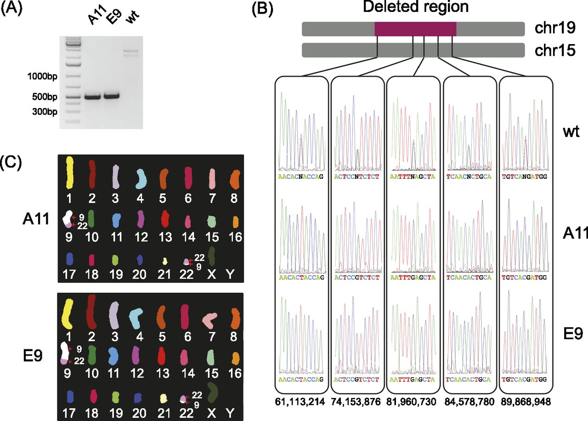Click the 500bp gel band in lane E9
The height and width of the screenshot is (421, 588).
(x=111, y=96)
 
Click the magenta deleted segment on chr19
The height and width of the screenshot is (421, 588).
(x=415, y=28)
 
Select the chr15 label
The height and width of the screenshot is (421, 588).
(x=555, y=50)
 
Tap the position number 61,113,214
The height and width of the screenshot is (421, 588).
(x=301, y=401)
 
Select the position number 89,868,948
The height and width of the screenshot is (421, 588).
(x=526, y=401)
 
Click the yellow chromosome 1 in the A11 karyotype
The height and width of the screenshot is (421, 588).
(x=70, y=171)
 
